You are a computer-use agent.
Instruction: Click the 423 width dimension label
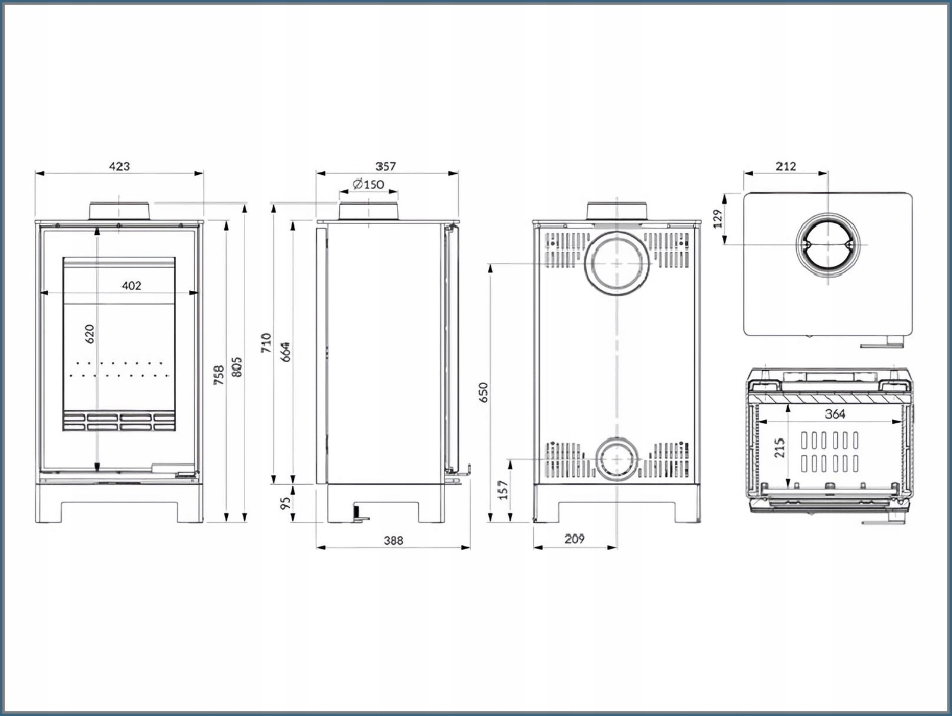pos(119,167)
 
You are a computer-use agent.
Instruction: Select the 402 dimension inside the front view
pos(131,286)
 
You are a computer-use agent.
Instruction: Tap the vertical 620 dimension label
pos(90,334)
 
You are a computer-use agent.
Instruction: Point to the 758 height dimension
pos(219,375)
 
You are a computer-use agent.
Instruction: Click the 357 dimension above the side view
pos(386,167)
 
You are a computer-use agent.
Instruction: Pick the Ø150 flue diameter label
pos(368,184)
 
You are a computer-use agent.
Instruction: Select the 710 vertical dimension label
pos(266,343)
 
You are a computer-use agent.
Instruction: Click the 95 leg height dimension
pos(285,503)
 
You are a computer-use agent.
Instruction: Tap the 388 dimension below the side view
pos(393,540)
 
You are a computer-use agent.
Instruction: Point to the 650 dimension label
pos(483,392)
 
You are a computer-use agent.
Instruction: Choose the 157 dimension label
pos(503,490)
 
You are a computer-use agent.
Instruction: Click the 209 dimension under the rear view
pos(574,539)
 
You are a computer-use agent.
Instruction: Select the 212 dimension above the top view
pos(785,167)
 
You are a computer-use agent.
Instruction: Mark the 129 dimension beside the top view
pos(717,218)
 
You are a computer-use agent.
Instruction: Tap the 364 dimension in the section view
pos(835,414)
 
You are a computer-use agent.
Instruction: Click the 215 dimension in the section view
pos(780,448)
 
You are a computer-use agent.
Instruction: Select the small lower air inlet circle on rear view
pos(618,460)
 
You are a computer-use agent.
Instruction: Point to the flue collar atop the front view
pos(119,211)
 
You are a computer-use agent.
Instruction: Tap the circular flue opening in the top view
pos(828,244)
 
